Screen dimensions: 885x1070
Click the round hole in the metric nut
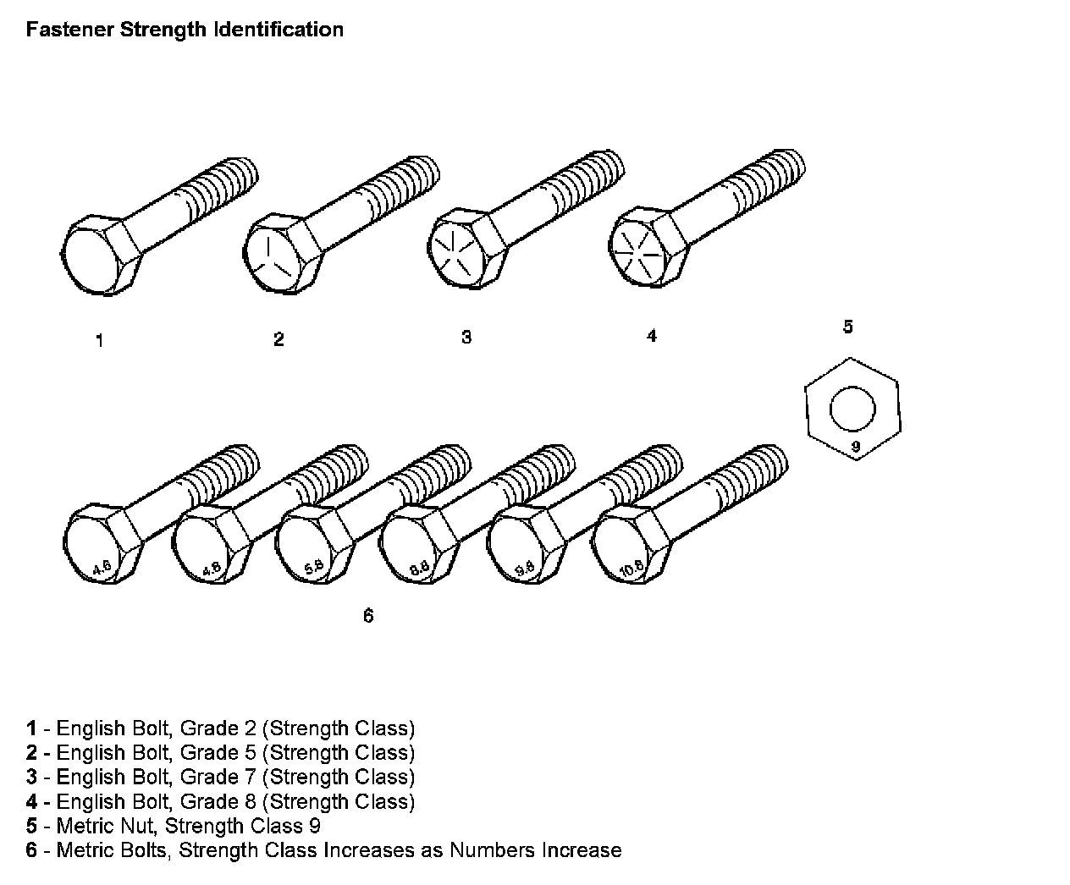852,410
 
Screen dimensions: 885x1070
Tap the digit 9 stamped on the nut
855,446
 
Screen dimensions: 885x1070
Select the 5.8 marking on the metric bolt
313,569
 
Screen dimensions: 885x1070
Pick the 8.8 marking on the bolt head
419,569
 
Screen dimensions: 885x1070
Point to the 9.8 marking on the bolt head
525,569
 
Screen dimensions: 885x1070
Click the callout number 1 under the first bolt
100,341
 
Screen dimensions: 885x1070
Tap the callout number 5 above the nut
848,327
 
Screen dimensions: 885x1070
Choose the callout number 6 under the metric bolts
368,616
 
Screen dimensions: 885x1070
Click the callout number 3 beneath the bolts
466,337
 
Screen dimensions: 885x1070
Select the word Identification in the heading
279,30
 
